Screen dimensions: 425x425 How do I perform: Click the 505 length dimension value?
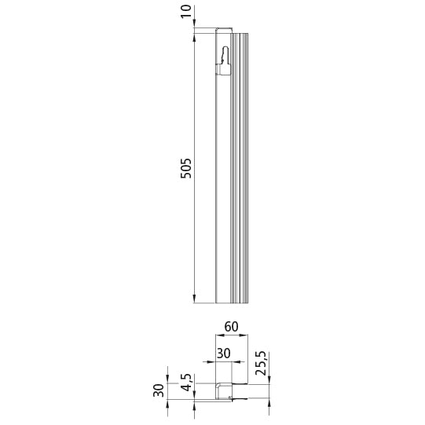click(186, 167)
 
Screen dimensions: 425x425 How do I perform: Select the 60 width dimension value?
click(231, 325)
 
